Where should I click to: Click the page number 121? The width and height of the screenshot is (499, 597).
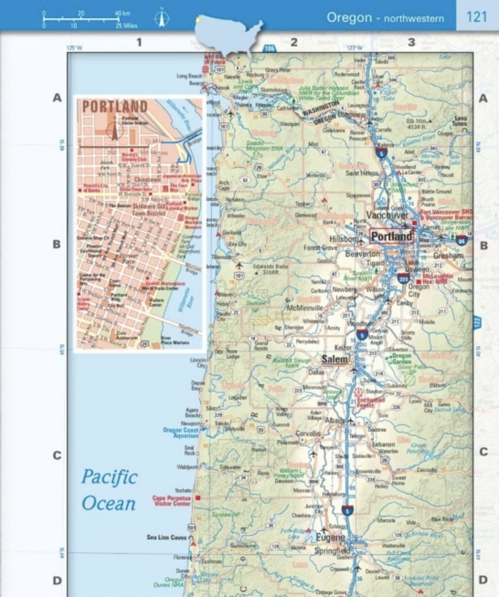tap(477, 17)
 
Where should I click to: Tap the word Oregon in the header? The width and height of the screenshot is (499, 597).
tap(349, 17)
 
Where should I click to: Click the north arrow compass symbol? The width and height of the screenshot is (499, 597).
tap(161, 18)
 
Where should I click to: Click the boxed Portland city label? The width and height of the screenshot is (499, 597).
tap(391, 236)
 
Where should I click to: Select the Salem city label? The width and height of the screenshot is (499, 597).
tap(334, 359)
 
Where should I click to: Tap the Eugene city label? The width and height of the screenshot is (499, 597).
tap(330, 538)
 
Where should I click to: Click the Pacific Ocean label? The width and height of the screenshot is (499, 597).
tap(109, 490)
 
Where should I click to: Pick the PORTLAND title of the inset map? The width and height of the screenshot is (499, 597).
tap(115, 106)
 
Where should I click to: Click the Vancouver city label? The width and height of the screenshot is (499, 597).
tap(387, 215)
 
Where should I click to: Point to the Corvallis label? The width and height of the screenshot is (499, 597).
tap(308, 434)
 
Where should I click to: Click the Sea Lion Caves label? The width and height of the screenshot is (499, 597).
tap(167, 537)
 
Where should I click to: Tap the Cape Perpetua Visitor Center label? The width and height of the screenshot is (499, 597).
tap(171, 501)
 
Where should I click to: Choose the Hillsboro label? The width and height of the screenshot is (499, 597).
tap(344, 239)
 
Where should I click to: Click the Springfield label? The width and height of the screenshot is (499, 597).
tap(332, 551)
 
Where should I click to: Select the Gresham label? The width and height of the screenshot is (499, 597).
tap(448, 256)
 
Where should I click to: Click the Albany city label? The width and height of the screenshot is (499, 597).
tap(334, 420)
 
